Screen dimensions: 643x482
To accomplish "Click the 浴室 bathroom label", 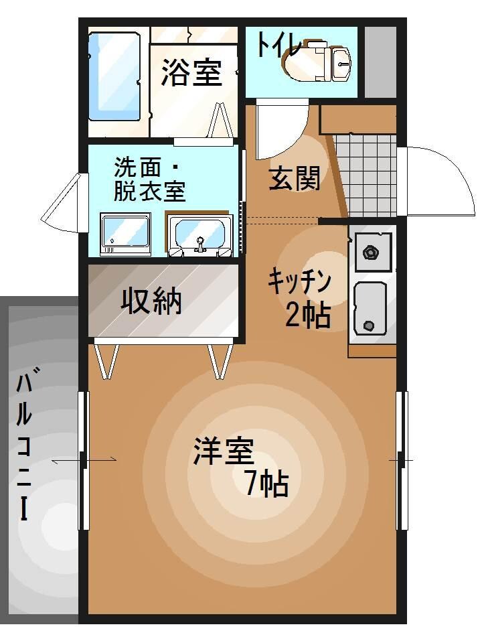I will coord(191,73).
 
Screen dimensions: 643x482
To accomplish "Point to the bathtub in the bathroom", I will coord(114,75).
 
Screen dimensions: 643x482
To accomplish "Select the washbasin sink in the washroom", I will coord(199,235).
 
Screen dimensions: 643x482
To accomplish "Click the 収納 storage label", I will coord(152,301).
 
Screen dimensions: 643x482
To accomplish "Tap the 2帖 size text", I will coord(307,315).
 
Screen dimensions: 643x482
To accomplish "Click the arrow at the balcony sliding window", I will coord(84,460).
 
